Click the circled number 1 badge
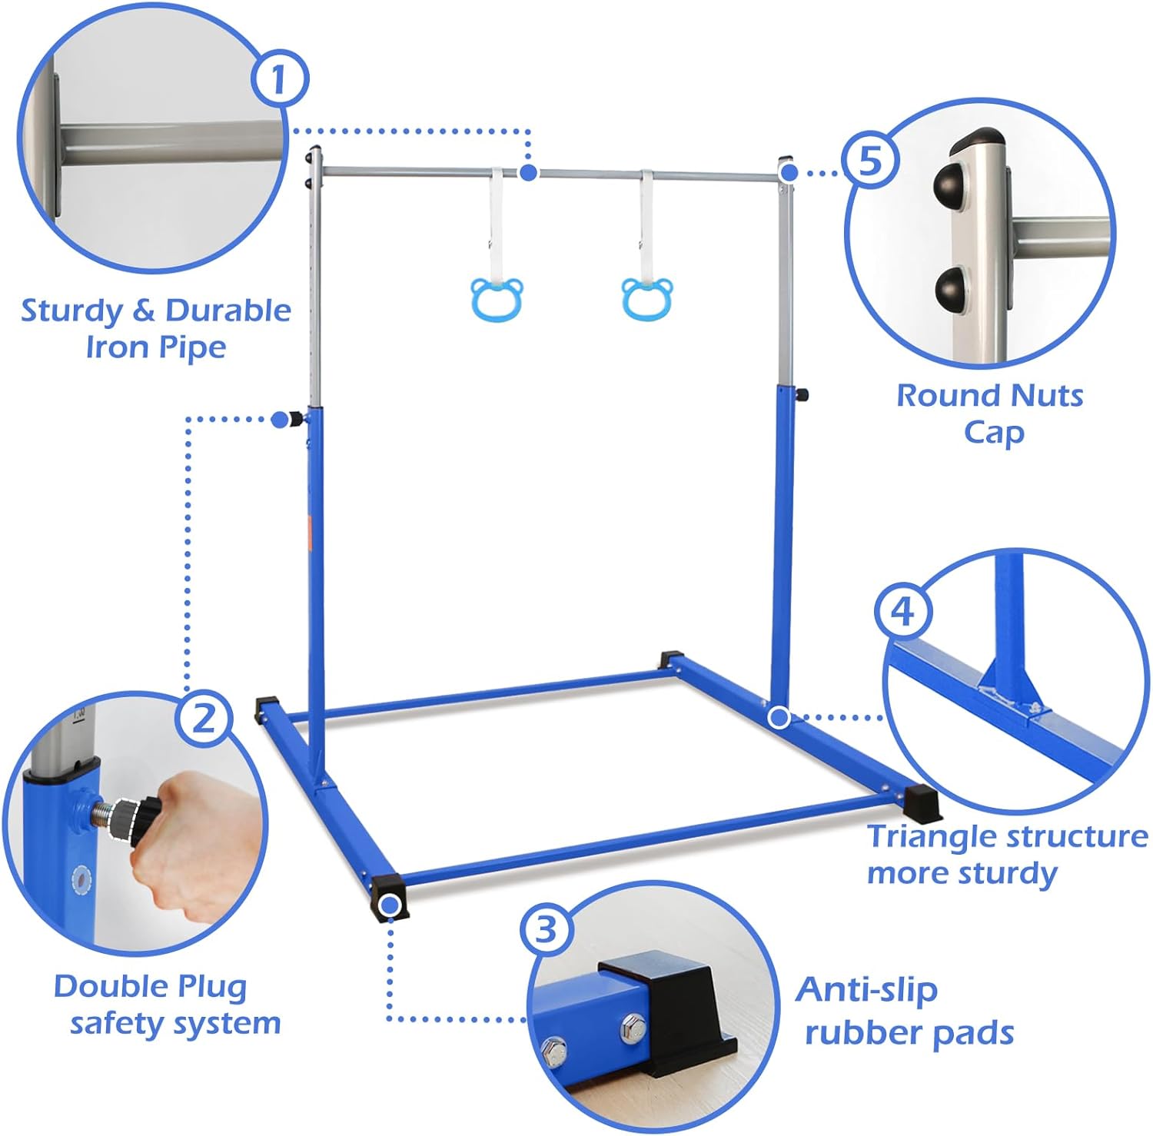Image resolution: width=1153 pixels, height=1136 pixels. [279, 78]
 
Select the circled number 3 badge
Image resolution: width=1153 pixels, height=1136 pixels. [546, 929]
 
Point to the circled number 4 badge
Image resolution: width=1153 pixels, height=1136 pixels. [902, 612]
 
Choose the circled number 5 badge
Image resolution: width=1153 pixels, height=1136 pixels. [869, 161]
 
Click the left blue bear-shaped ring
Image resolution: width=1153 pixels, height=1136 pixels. [497, 299]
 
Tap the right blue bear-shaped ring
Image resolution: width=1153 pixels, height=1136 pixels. [647, 299]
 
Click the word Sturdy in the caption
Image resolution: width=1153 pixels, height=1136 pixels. [71, 311]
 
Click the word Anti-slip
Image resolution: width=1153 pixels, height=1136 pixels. [866, 991]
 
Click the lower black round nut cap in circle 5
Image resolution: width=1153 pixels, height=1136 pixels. [949, 287]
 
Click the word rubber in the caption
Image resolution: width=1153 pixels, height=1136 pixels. [862, 1034]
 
